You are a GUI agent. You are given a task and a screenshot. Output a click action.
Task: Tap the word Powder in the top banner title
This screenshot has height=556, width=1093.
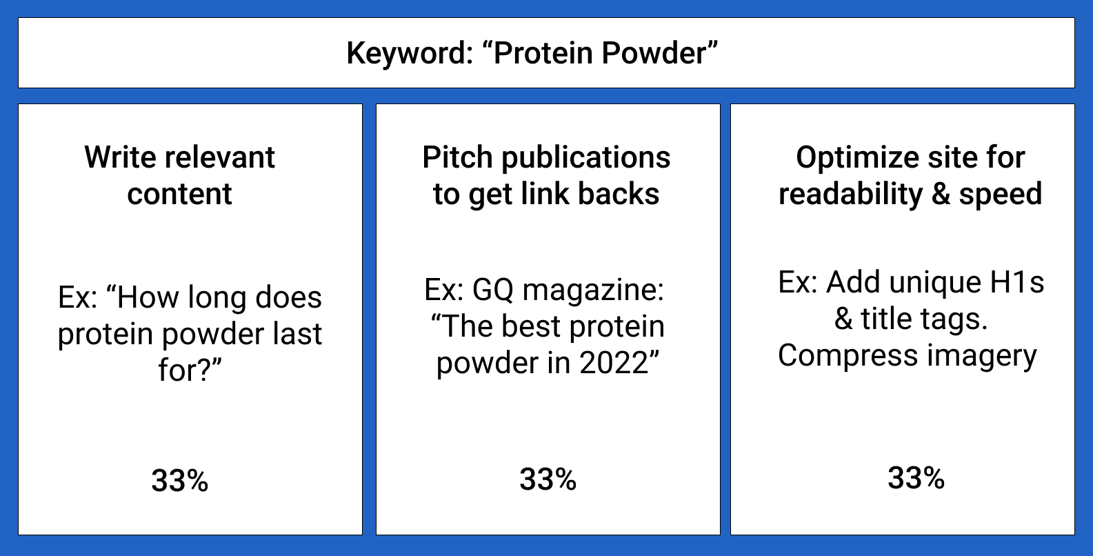click(654, 52)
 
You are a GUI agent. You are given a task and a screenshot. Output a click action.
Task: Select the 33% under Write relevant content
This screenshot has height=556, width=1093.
click(179, 480)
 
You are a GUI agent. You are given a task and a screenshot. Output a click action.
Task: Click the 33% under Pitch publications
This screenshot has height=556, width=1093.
click(548, 479)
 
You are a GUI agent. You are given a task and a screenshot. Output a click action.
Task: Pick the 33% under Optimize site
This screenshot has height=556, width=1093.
click(916, 477)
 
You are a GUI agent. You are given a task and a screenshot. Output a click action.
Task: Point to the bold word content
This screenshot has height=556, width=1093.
click(179, 194)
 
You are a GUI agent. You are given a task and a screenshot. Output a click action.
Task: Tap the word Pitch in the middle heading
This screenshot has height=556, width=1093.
click(458, 157)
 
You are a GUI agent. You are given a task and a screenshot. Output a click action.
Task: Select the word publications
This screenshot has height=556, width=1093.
click(586, 158)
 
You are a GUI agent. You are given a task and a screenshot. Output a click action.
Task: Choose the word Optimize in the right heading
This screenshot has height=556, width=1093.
click(858, 158)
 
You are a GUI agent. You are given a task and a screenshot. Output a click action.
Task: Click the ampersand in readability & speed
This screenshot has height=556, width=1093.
click(941, 194)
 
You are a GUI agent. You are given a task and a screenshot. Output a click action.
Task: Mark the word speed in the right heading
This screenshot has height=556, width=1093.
click(1001, 195)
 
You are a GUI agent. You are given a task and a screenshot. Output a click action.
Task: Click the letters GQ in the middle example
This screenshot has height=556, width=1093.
click(493, 290)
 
